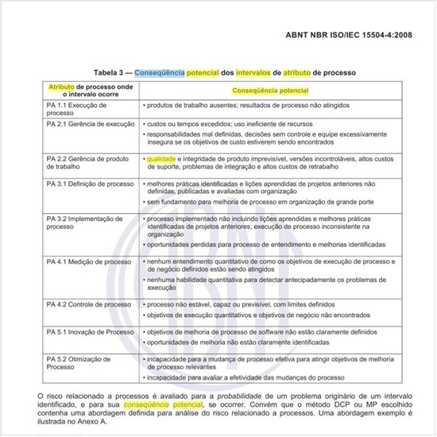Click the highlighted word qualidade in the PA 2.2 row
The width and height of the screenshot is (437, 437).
coord(160,158)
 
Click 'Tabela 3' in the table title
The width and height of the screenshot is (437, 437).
coord(111,71)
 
